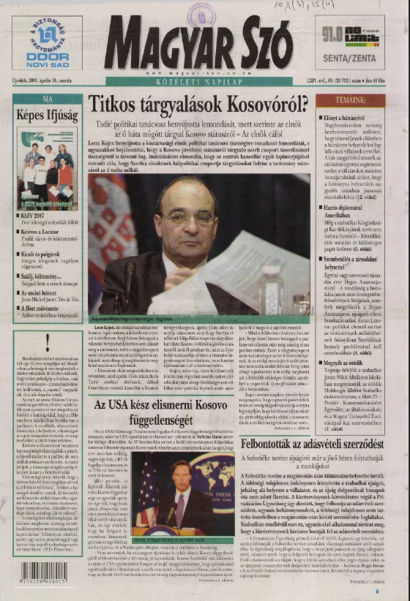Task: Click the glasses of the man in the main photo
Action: (x=188, y=217)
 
